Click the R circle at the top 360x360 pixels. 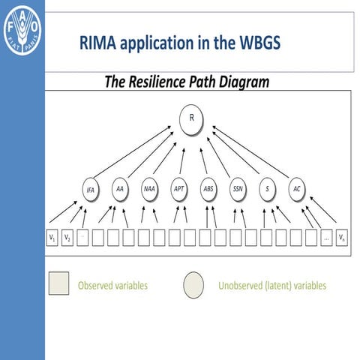click(192, 118)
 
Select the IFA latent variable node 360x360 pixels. click(90, 190)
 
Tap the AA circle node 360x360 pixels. click(119, 189)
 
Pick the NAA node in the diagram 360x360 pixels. click(149, 189)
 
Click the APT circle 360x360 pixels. click(179, 189)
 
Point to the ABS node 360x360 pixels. click(208, 189)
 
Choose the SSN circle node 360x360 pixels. click(238, 189)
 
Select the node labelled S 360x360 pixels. click(267, 189)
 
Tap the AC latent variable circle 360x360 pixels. click(297, 189)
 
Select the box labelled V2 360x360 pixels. click(67, 238)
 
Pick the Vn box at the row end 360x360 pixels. click(342, 238)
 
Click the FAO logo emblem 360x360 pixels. click(22, 31)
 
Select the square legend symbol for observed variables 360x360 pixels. click(59, 284)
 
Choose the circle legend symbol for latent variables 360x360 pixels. click(194, 284)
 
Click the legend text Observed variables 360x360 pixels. click(112, 285)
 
